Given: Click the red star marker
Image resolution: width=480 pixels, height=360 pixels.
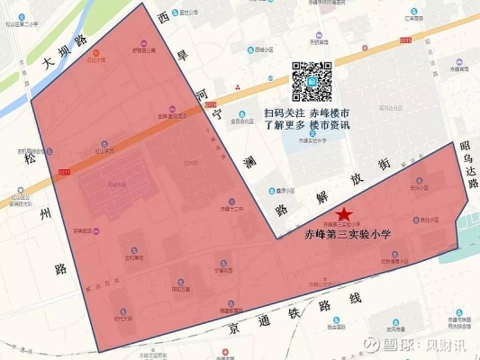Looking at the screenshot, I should pos(343,213).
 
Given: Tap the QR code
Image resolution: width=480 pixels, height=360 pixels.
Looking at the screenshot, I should pos(311,82).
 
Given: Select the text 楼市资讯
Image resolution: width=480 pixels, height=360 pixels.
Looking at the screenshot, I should pos(328,126).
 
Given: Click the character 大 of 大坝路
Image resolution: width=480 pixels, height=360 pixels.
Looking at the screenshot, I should pos(50,63).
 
